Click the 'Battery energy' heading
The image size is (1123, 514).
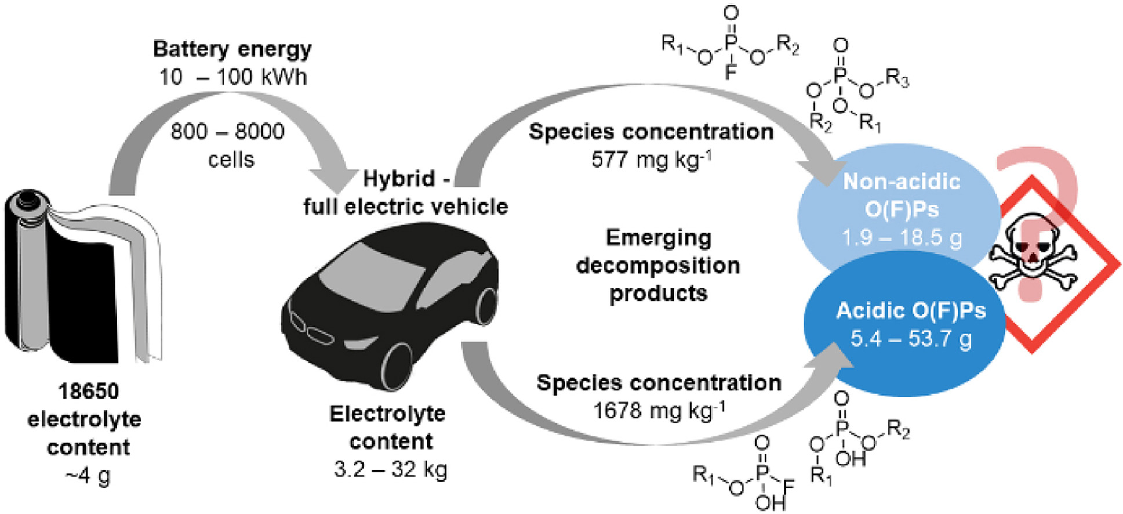232,49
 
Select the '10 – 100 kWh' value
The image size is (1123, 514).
232,77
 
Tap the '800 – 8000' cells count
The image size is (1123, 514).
227,132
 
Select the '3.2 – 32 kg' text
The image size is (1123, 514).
390,469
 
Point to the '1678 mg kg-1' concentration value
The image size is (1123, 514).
659,411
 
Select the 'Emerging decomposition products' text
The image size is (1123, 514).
658,265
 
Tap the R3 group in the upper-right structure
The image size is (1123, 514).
896,79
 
